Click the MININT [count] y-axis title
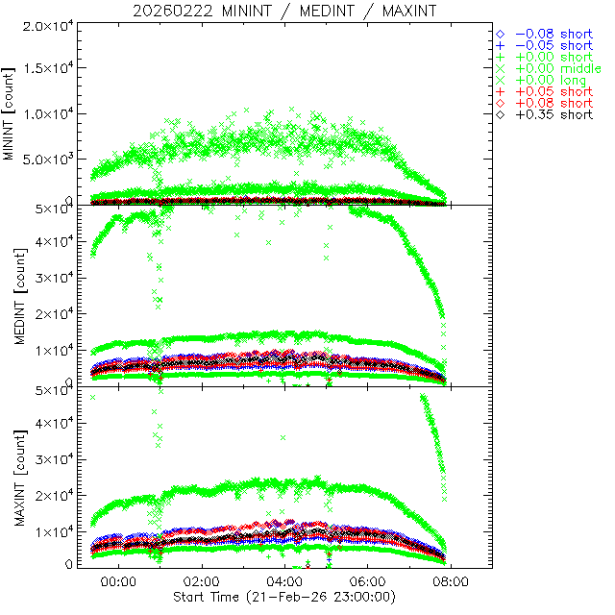11,112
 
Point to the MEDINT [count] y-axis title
11,295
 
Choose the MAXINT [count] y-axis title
11,477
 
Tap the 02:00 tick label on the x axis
202,582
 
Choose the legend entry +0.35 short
553,114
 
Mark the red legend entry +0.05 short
553,92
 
